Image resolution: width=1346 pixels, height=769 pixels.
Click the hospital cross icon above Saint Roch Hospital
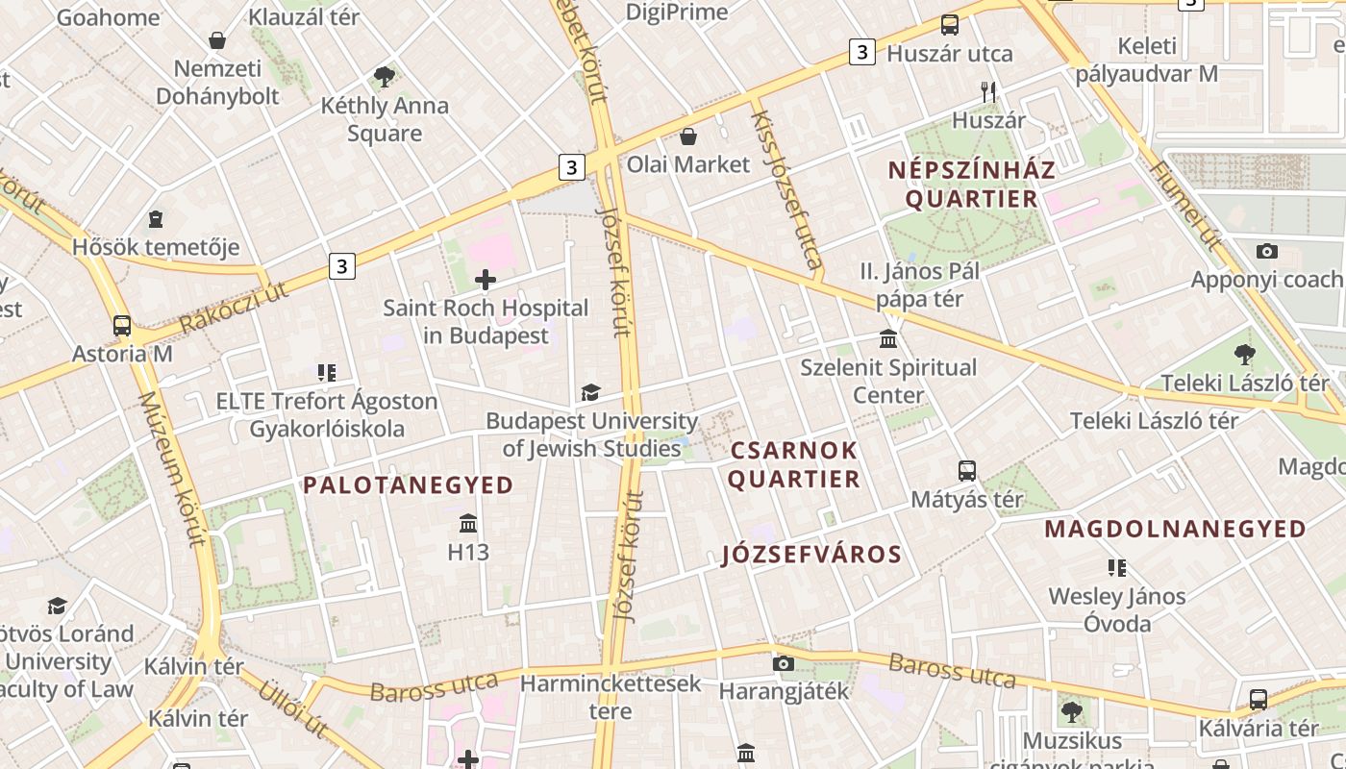coord(486,281)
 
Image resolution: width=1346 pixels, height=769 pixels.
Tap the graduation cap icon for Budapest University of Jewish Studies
coord(590,392)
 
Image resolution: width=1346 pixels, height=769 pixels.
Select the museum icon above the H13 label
coord(468,524)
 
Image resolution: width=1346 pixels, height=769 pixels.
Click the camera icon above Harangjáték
coord(784,663)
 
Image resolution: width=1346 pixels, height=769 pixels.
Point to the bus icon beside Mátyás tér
coord(967,471)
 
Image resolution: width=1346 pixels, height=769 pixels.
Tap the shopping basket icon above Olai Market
coord(688,136)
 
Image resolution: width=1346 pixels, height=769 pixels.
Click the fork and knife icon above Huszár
coord(987,92)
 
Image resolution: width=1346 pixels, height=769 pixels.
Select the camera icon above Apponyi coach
coord(1267,252)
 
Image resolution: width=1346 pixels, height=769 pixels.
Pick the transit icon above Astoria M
coord(122,326)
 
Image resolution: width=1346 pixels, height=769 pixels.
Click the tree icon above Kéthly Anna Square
coord(385,77)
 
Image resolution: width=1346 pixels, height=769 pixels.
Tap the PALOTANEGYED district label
coord(409,485)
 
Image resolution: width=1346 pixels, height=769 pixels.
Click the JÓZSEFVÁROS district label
coord(811,555)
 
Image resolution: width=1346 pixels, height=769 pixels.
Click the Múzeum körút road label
coord(172,469)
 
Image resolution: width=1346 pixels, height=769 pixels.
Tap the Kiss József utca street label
coord(786,188)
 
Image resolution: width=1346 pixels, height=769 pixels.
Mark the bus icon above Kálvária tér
coord(1258,700)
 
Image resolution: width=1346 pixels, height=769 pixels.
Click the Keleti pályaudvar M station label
coord(1147,60)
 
